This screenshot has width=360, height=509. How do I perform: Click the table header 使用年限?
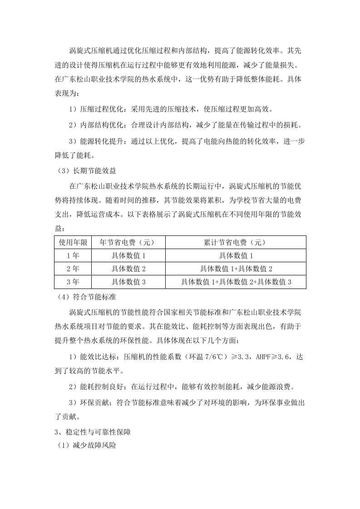pos(73,242)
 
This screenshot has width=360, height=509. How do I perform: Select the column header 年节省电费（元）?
pos(128,242)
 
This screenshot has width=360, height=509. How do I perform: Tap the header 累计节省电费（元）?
pos(236,242)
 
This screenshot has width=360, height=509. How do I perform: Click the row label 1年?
pos(73,255)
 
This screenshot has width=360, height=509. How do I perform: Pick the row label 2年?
pos(73,269)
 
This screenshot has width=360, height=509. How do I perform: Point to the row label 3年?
pos(73,282)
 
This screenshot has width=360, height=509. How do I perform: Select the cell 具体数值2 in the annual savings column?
pos(128,269)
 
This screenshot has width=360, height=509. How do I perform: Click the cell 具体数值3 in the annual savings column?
pos(128,282)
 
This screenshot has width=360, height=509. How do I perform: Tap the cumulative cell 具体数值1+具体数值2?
pos(236,269)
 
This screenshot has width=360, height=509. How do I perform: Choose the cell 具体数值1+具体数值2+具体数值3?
pos(236,282)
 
